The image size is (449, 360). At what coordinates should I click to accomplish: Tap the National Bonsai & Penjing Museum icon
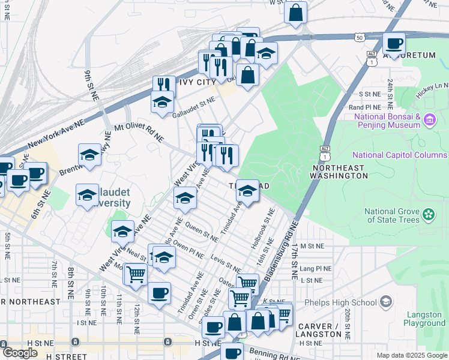tap(429, 121)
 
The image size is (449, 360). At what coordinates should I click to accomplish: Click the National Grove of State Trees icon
tap(429, 214)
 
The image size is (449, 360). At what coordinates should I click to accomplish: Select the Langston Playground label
tap(424, 319)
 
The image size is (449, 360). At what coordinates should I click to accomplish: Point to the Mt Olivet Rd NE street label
tap(139, 132)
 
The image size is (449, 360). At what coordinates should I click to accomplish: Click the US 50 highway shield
tap(359, 37)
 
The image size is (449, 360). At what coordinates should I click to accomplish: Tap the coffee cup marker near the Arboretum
tap(394, 43)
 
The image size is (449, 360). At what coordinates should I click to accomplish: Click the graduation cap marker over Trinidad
tap(247, 191)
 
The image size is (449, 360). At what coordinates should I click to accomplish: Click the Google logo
tap(20, 353)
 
